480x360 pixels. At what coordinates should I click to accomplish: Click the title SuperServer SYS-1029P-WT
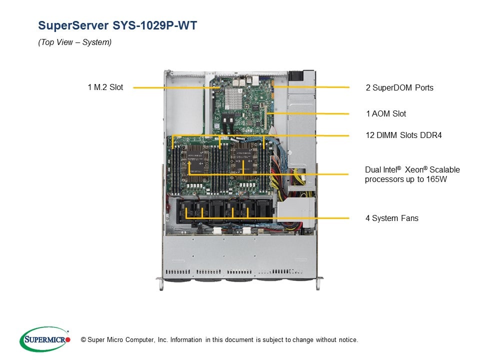coord(117,25)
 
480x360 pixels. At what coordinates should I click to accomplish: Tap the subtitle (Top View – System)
coord(75,42)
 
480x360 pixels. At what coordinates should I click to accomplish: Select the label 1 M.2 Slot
coord(105,87)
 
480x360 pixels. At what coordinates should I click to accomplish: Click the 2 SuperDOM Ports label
coord(399,87)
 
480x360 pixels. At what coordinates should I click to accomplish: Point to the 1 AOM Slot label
coord(385,114)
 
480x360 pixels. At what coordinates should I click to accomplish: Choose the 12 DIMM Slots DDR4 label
coord(403,135)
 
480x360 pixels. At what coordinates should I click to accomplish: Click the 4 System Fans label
coord(391,218)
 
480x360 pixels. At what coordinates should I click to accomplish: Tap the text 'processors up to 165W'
coord(405,179)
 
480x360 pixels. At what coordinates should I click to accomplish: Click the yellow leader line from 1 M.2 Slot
coord(170,87)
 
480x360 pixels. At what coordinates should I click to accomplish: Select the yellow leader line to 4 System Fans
coord(310,218)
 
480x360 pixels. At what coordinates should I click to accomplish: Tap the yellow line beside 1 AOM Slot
coord(310,114)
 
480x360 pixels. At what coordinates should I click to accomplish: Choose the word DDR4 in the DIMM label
coord(430,135)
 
